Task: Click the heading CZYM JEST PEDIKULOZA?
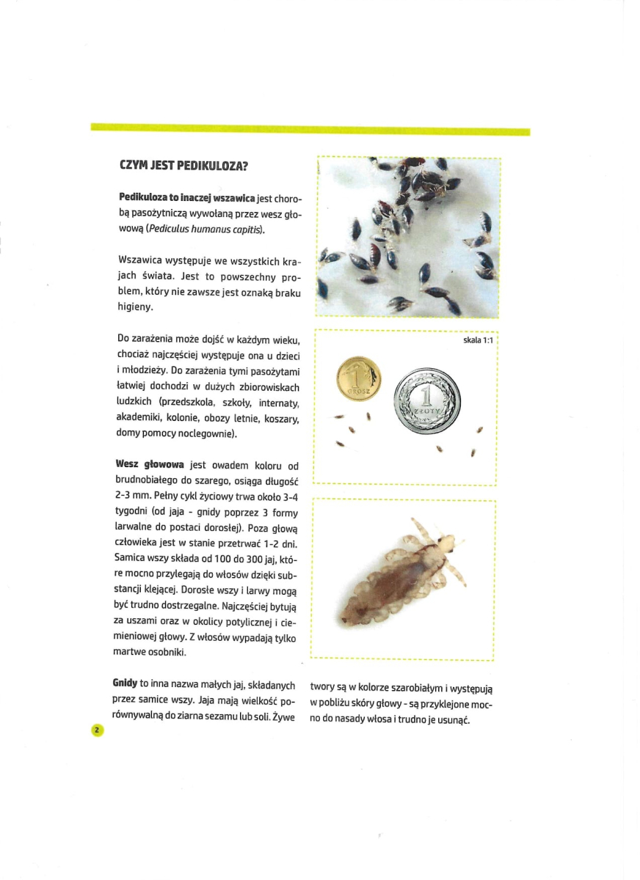pos(183,166)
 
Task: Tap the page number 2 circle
pos(96,730)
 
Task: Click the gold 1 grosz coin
pos(359,380)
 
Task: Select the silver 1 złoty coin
pos(428,401)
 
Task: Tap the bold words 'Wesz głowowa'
pos(150,465)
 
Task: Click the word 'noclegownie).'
pos(206,433)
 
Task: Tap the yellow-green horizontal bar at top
pos(310,131)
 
